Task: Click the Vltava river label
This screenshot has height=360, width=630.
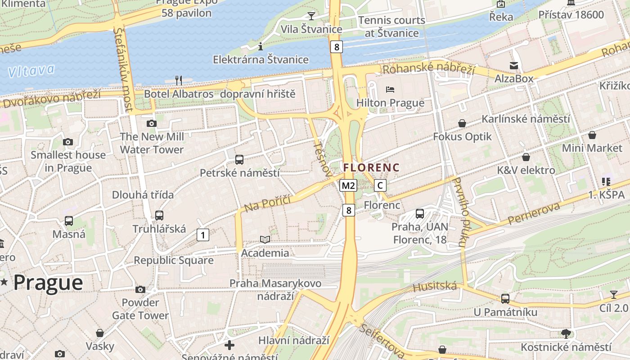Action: (x=31, y=71)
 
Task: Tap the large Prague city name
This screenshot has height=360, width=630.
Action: (x=48, y=283)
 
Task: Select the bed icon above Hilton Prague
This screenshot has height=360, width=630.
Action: (x=390, y=90)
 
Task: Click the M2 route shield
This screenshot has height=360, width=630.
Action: (x=348, y=185)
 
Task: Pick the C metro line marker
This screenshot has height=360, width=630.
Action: (x=380, y=185)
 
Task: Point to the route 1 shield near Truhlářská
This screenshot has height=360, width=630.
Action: (x=203, y=235)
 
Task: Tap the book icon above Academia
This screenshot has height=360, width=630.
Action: (x=265, y=240)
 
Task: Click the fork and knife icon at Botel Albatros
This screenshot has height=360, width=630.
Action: (x=179, y=81)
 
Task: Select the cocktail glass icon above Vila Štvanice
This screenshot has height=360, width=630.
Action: (x=311, y=16)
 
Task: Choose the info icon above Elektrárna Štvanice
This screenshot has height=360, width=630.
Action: (x=261, y=46)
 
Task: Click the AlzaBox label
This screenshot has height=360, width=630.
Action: (x=514, y=79)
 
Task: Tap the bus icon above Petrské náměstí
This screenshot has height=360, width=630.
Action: (x=239, y=160)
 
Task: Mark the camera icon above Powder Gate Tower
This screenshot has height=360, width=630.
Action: (x=140, y=289)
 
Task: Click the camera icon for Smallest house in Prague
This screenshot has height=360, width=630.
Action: (x=68, y=142)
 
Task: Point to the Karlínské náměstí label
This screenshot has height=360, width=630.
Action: (x=526, y=119)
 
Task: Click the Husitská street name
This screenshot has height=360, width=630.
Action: (x=435, y=286)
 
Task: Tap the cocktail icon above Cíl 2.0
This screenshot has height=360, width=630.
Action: (x=613, y=295)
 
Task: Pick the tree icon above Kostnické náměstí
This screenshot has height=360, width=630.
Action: (x=566, y=334)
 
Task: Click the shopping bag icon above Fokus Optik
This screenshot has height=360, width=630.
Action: (x=462, y=123)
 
